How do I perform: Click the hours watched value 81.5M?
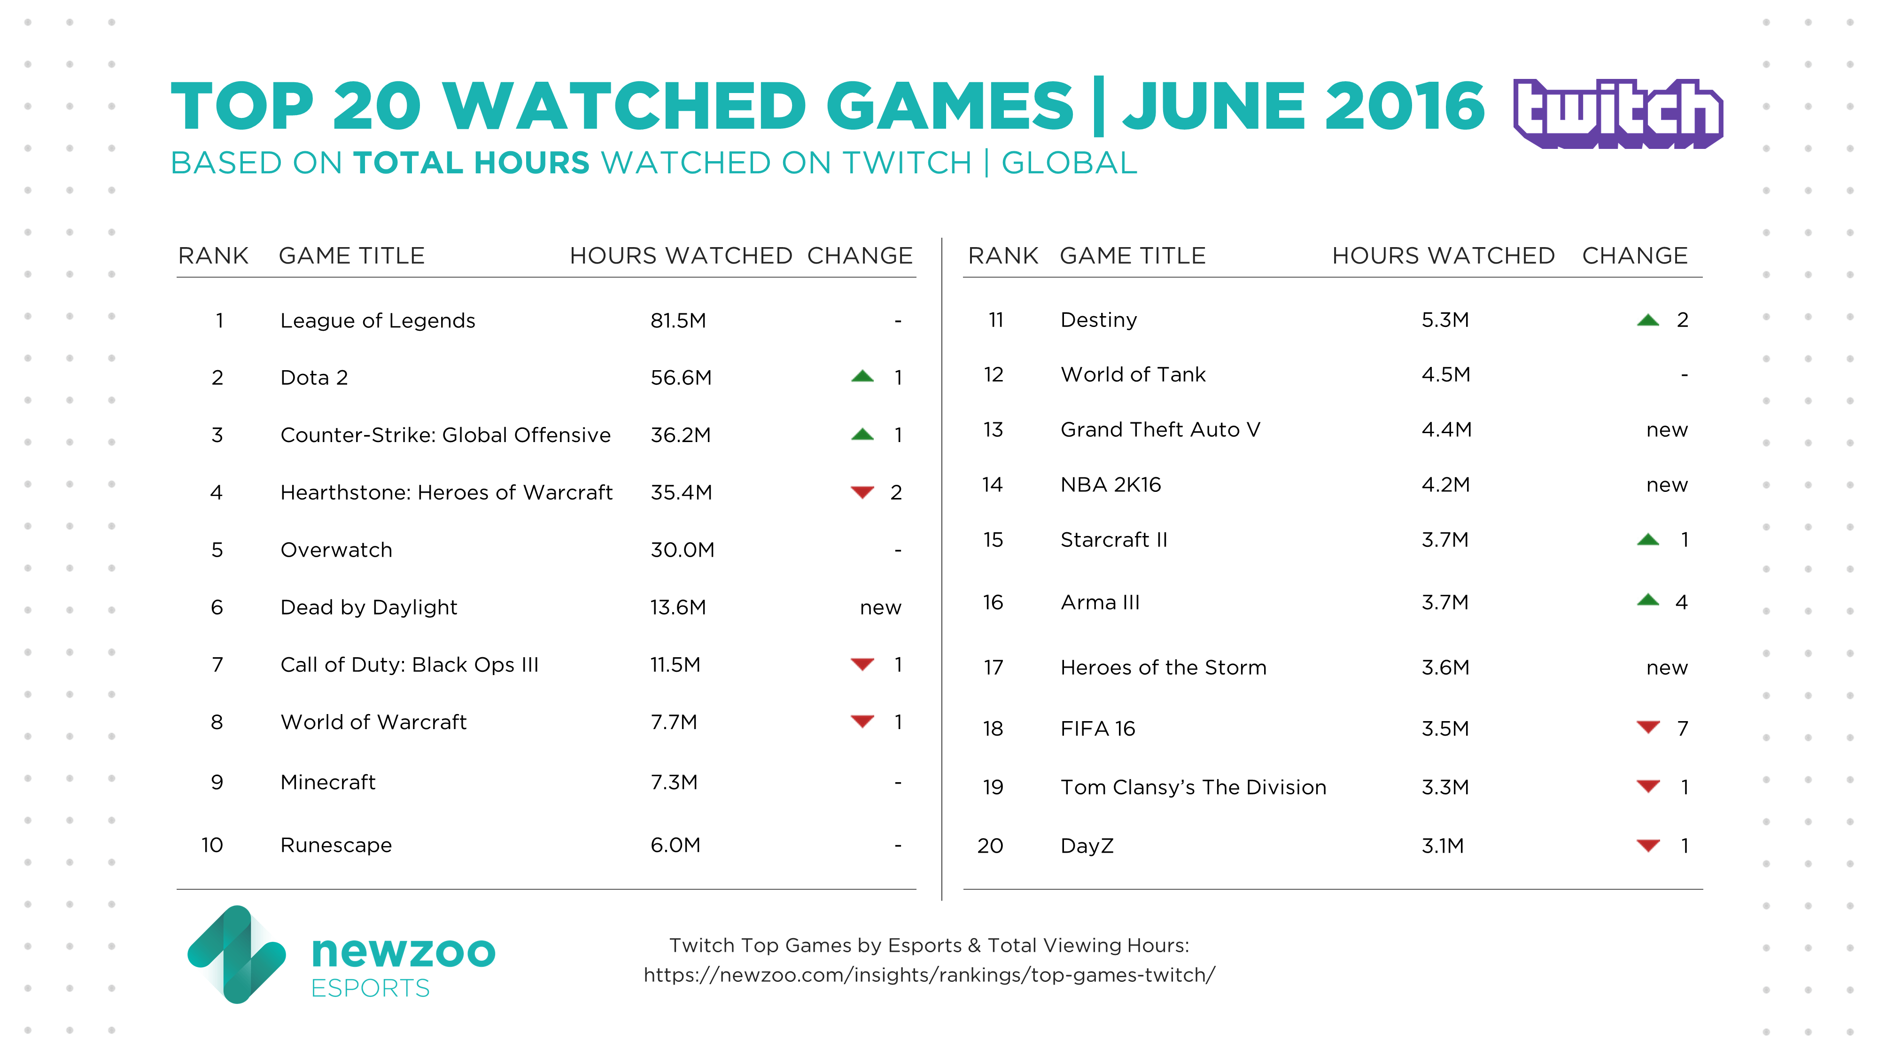[678, 321]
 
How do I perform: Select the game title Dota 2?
[314, 378]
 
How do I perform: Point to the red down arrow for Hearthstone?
[862, 492]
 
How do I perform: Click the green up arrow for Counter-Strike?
[862, 435]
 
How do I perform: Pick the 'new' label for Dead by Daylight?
[880, 607]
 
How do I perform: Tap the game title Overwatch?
[336, 550]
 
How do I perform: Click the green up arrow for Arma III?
[1648, 600]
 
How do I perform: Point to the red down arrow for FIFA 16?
[1648, 727]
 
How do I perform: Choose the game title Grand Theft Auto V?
[1160, 430]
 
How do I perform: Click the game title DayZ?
[1087, 846]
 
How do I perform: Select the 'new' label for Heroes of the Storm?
[1667, 668]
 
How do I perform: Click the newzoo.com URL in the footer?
[929, 975]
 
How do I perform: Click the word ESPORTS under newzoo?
[371, 988]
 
